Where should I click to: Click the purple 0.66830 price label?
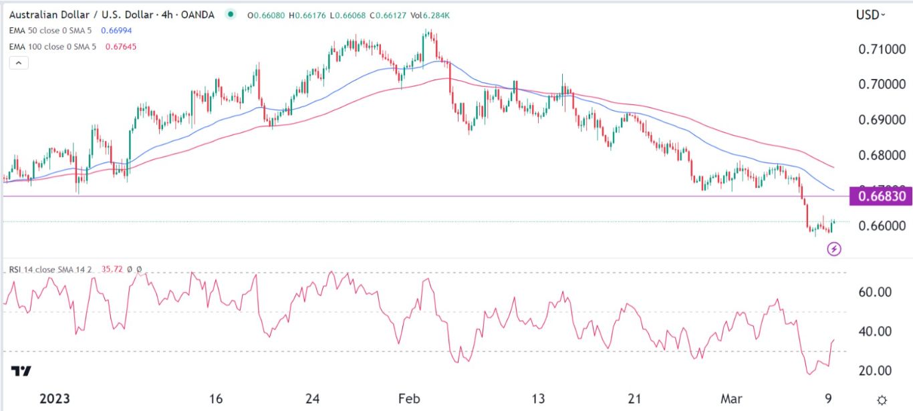tap(879, 196)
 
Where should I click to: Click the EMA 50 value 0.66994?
tap(114, 31)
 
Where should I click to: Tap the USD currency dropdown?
tap(871, 14)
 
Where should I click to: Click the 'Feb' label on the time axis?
tap(409, 399)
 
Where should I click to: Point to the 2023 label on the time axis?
tap(54, 399)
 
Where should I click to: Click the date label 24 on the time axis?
tap(311, 399)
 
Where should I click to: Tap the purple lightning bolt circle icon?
tap(834, 249)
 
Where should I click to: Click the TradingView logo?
tap(20, 371)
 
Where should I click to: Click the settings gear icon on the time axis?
tap(882, 399)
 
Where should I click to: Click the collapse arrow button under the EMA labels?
tap(18, 63)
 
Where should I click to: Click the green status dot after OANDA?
tap(231, 14)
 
